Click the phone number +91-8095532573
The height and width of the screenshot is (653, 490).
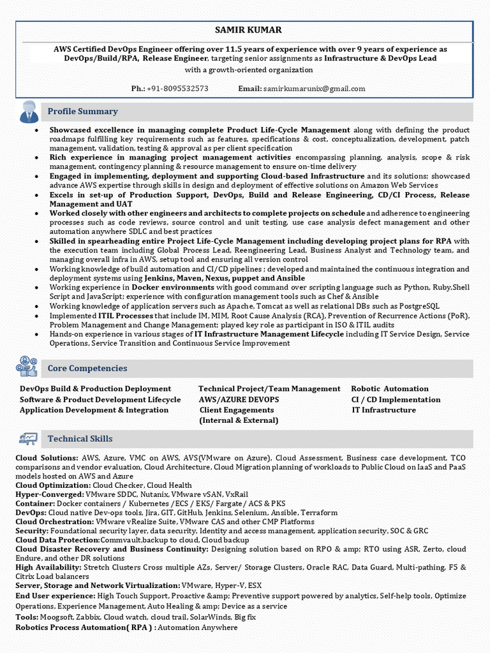click(177, 89)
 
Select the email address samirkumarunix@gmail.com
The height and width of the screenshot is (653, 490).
click(314, 89)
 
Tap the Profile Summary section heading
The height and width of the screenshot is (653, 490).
click(82, 112)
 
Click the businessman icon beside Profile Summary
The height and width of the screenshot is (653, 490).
click(29, 112)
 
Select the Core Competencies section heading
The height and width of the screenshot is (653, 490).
click(87, 369)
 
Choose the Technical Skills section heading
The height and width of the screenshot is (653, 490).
click(80, 439)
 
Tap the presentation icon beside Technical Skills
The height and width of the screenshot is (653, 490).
click(29, 439)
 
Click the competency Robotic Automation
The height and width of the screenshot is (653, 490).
click(390, 389)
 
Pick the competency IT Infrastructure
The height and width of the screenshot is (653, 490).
click(383, 410)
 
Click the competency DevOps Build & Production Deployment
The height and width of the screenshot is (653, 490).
click(95, 389)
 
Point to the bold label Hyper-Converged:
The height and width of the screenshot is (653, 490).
click(49, 494)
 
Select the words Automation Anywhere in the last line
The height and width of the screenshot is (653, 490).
click(197, 627)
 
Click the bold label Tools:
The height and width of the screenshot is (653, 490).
click(27, 617)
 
